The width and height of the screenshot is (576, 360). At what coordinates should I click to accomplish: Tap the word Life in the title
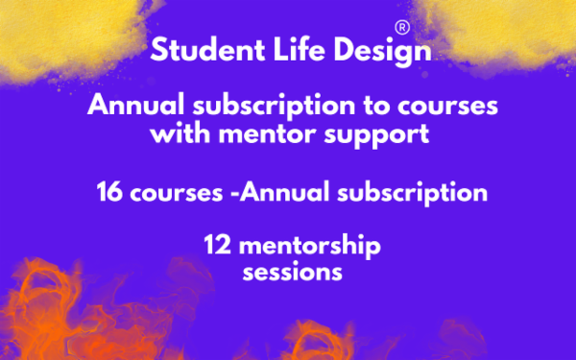[x=282, y=50]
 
